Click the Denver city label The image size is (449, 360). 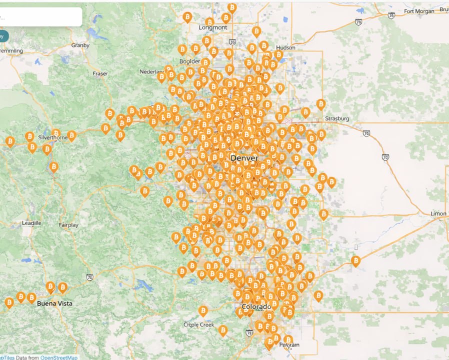[244, 158]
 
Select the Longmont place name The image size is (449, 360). [212, 27]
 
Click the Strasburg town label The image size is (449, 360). [337, 118]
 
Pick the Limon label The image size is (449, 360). [438, 213]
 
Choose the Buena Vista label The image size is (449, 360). [54, 303]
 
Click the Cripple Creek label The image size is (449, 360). [198, 324]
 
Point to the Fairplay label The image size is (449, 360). [69, 225]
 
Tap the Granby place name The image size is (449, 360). [80, 45]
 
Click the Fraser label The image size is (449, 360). [100, 73]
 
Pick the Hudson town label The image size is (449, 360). [285, 47]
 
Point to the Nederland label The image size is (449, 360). [152, 72]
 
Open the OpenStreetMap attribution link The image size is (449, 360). [58, 357]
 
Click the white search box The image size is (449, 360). [40, 16]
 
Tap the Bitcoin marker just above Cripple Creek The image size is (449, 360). [203, 310]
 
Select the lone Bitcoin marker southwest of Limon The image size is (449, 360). [355, 260]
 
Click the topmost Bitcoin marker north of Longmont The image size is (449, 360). [232, 7]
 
